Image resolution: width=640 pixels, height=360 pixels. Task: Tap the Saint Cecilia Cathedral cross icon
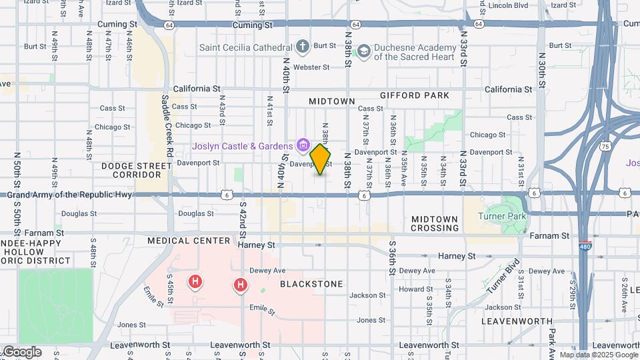click(303, 47)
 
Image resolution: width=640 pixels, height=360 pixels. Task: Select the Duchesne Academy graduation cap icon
click(363, 51)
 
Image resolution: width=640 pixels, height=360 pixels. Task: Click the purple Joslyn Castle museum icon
click(303, 145)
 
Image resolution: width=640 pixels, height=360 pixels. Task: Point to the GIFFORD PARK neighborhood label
click(415, 95)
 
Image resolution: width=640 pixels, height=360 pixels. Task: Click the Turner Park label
click(503, 216)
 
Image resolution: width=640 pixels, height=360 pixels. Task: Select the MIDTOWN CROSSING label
click(435, 223)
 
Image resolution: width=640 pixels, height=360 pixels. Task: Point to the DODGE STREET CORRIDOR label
click(131, 170)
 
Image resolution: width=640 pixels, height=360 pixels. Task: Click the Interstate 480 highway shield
click(584, 246)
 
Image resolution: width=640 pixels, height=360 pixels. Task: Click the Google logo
click(22, 352)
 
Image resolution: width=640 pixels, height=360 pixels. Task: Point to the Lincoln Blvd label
click(509, 5)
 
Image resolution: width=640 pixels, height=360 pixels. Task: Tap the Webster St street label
click(312, 67)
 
